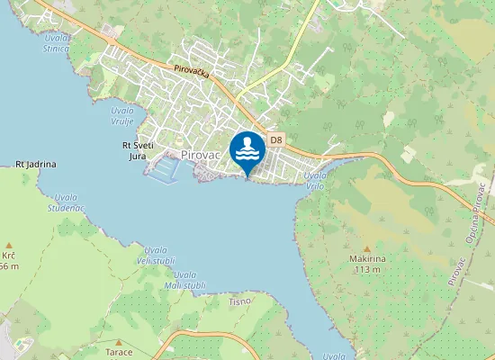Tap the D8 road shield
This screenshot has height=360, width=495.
point(276,139)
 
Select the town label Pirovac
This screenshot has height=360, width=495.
point(202,155)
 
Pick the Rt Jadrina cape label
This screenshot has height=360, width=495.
point(36,165)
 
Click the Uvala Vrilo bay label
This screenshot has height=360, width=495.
point(315,180)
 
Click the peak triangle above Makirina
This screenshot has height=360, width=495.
point(366,248)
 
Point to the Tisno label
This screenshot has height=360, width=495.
point(239,301)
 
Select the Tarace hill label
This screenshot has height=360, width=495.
point(119,352)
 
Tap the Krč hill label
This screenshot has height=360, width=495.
point(9,256)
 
